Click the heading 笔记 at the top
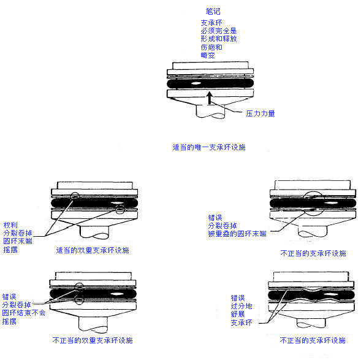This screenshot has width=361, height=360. [213, 11]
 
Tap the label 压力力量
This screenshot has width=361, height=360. [260, 113]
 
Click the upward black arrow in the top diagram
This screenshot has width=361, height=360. [209, 98]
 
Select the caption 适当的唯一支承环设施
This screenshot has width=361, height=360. [209, 147]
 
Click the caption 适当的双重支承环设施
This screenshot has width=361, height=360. [93, 250]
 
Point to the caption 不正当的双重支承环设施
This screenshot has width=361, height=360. [93, 340]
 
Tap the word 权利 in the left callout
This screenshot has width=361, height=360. [10, 225]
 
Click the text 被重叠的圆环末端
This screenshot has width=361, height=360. [237, 234]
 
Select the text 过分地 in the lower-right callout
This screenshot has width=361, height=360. [241, 306]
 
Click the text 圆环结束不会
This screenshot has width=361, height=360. [24, 313]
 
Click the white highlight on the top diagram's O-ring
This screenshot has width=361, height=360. [196, 83]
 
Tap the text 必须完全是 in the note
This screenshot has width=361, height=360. [219, 31]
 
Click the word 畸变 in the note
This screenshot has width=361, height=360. [208, 55]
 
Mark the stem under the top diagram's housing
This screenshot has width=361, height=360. [210, 112]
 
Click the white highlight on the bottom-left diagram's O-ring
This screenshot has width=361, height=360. [116, 294]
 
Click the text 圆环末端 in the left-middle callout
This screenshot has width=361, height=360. [18, 241]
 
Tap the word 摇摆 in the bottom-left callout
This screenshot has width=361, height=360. [9, 321]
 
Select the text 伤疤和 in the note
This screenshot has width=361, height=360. [211, 47]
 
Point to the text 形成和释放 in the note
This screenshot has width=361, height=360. [219, 39]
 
